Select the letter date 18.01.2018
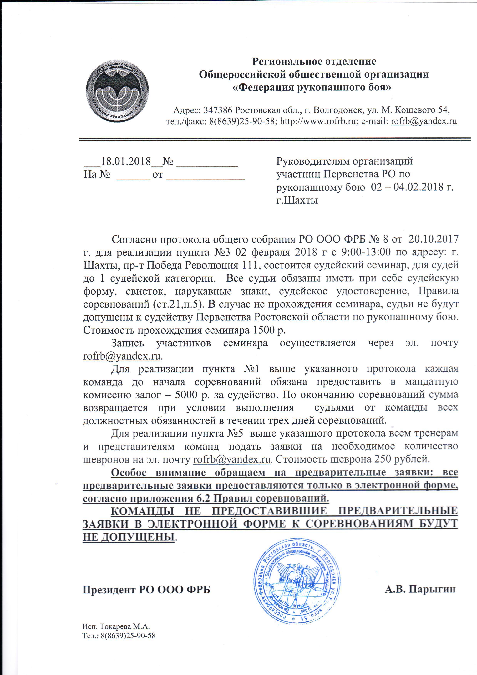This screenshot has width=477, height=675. pos(126,161)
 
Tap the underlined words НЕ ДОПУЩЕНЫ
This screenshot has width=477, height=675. pos(128,537)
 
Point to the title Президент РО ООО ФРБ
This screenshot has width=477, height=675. pos(146,590)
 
